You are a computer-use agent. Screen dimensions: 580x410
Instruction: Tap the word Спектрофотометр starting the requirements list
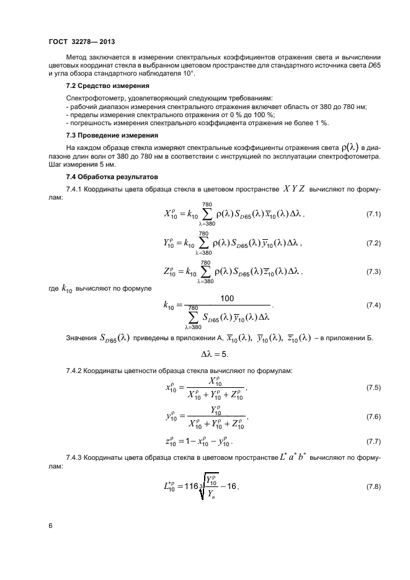(x=94, y=99)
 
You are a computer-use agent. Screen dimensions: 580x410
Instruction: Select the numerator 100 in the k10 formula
(x=226, y=299)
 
